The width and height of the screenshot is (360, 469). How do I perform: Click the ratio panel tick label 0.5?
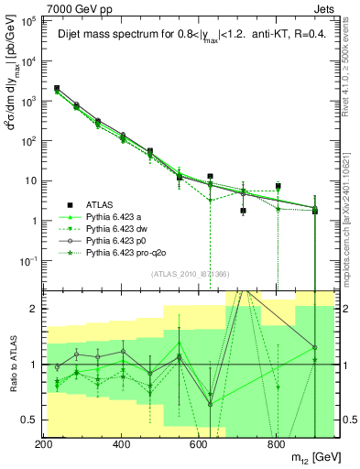[29, 420]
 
